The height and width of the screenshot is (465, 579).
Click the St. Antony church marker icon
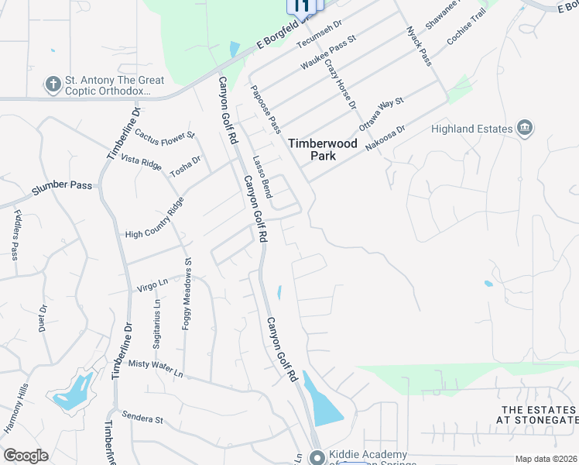[x=53, y=84]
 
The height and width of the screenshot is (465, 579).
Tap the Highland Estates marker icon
[x=524, y=128]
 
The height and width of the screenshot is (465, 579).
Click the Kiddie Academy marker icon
[x=316, y=457]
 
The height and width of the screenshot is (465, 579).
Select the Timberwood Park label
[x=312, y=149]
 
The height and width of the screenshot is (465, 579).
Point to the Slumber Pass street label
[x=62, y=187]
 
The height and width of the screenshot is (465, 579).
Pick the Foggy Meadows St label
[x=187, y=294]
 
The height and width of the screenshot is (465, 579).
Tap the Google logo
[x=26, y=456]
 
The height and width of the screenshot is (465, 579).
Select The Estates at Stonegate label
[x=538, y=415]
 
